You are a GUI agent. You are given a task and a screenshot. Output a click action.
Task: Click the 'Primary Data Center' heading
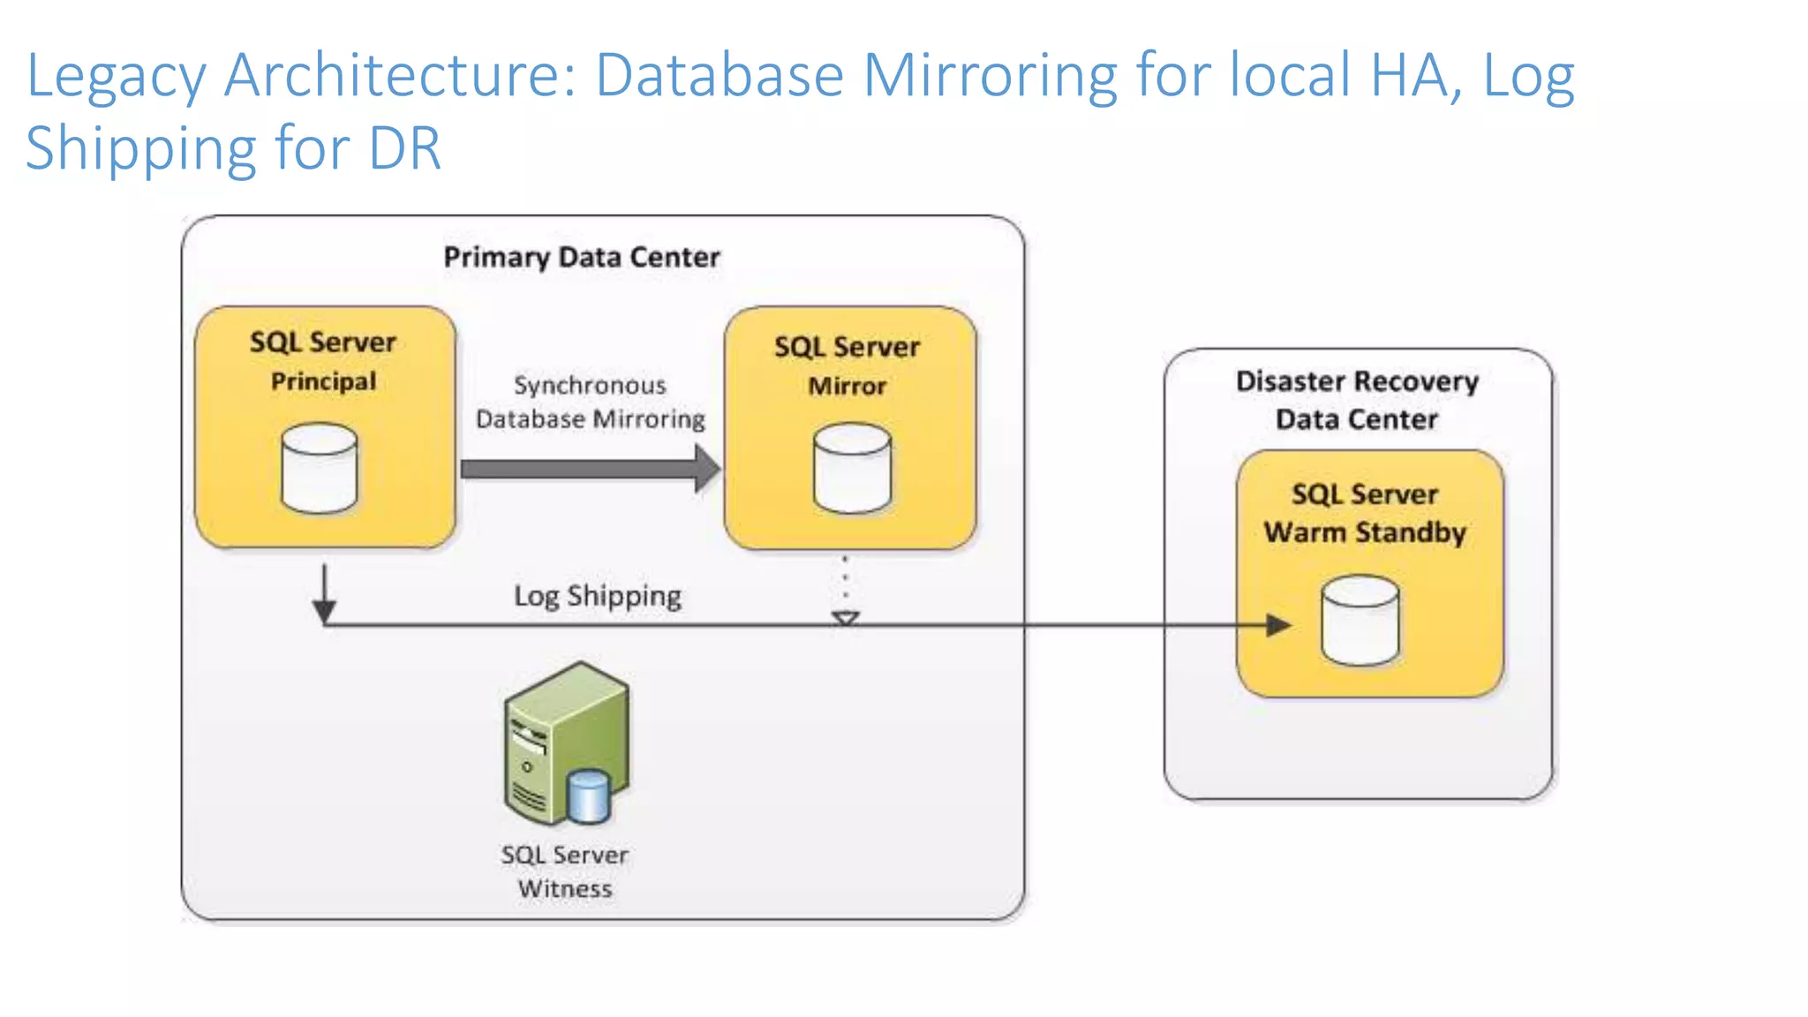[581, 257]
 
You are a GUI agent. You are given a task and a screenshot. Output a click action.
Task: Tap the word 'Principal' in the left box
[323, 381]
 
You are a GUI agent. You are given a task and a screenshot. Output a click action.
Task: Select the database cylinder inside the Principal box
[320, 468]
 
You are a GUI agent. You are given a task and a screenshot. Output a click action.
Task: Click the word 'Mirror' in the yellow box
[847, 386]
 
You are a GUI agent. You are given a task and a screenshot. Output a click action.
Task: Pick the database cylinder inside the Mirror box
[852, 468]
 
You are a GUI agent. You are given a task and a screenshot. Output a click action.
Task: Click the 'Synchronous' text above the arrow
[590, 385]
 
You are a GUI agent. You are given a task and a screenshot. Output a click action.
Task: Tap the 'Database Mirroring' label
[590, 418]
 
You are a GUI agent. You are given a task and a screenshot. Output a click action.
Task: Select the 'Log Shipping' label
[598, 596]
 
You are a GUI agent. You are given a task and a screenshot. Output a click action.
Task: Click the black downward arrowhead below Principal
[324, 611]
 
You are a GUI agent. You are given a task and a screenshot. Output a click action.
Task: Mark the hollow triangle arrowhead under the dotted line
[846, 618]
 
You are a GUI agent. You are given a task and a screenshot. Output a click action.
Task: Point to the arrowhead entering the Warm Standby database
[1277, 625]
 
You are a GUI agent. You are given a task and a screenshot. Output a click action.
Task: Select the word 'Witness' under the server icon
[565, 888]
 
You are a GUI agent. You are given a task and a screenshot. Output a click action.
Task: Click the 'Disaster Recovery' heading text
[1357, 381]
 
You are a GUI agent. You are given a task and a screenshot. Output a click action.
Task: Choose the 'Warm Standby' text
[1364, 532]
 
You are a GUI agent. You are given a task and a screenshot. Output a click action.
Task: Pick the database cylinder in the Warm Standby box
[1360, 621]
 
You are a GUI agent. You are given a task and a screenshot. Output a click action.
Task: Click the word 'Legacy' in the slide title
[115, 76]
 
